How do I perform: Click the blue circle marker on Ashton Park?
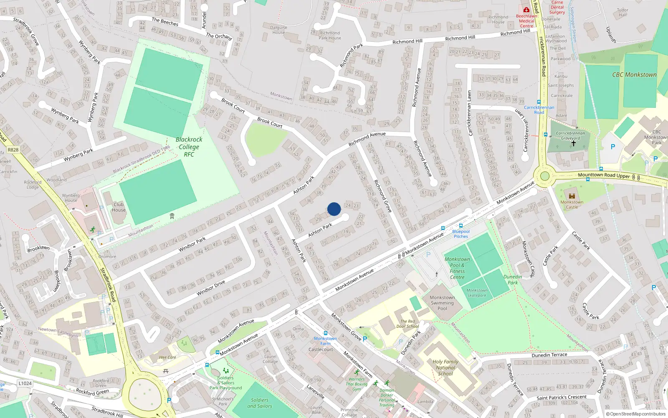point(334,209)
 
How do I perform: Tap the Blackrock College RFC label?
point(189,147)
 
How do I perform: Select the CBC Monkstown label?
point(634,75)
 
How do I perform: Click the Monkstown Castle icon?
point(572,196)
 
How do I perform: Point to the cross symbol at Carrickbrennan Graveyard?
point(574,143)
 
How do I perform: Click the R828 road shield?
point(13,150)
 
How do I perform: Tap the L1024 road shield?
point(25,383)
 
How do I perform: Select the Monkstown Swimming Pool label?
point(442,303)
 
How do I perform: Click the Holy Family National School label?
point(445,368)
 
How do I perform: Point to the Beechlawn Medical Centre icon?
point(526,10)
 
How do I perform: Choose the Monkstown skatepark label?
point(477,293)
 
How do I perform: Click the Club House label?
point(119,207)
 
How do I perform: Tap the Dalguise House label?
point(278,30)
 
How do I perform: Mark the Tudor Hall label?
point(622,13)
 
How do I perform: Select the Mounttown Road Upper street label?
point(604,175)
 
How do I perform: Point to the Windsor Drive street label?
point(211,288)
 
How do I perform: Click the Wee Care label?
point(167,357)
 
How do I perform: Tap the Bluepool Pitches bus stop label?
point(461,234)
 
